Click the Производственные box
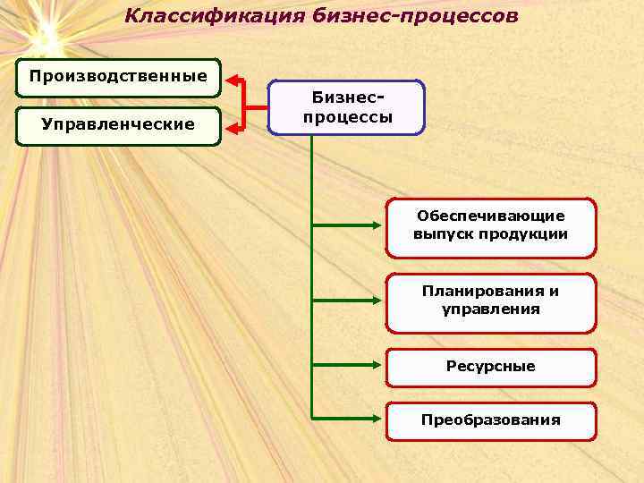[118, 76]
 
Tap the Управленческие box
[118, 124]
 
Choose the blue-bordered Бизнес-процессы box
[347, 108]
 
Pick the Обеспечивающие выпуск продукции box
[490, 226]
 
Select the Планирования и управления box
[490, 301]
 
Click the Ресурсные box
[490, 367]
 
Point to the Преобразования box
[490, 420]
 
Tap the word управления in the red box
[490, 310]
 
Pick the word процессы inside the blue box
[347, 117]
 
